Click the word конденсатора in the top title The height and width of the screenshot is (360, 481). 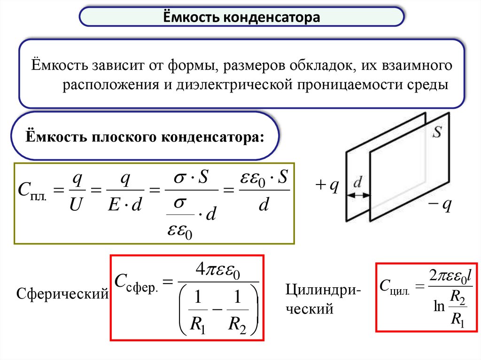(272, 18)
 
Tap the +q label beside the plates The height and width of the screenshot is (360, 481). (327, 187)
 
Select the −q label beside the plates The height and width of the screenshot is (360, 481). (440, 205)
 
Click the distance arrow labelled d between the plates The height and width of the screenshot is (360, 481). (358, 193)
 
